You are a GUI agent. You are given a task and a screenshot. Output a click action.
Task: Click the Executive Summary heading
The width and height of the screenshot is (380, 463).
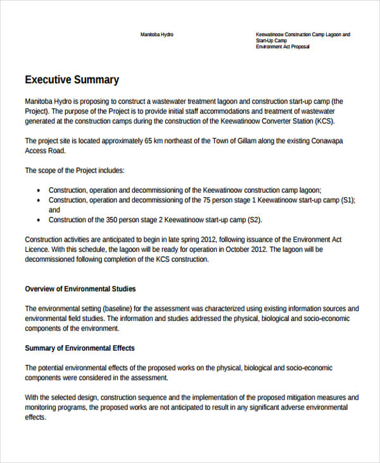(x=72, y=80)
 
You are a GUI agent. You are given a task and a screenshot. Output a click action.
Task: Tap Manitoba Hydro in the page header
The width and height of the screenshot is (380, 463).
(x=156, y=34)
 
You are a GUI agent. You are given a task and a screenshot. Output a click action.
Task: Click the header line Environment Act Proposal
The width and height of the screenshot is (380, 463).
(x=282, y=47)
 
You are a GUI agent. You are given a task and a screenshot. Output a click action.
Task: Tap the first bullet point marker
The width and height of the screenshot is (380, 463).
(x=39, y=190)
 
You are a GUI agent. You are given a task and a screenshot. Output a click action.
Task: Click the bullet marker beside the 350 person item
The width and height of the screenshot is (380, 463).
(x=39, y=221)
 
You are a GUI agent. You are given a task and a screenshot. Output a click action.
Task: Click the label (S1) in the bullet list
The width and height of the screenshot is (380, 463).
(x=347, y=200)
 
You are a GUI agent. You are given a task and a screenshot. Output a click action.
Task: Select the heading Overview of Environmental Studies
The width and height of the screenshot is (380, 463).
(x=80, y=289)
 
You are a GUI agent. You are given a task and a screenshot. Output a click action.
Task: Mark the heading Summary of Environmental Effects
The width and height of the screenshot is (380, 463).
(x=79, y=348)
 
